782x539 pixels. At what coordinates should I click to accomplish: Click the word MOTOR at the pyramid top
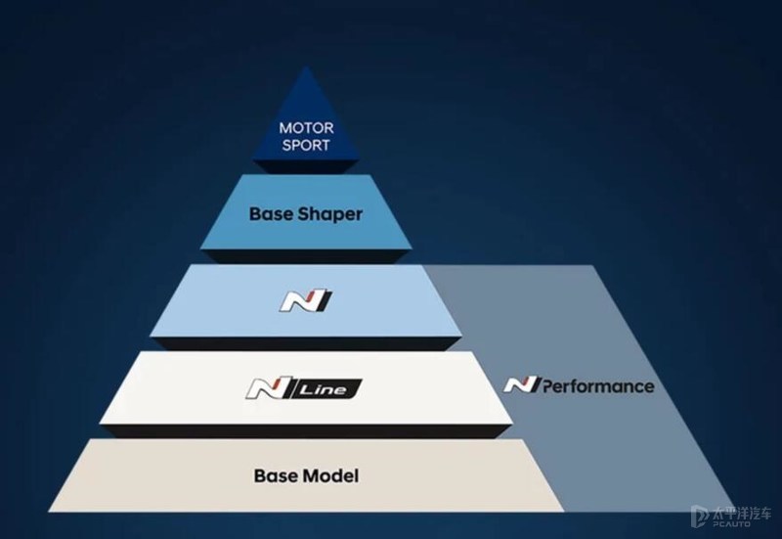[x=307, y=128]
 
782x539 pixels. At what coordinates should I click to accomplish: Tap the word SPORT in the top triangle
[x=307, y=145]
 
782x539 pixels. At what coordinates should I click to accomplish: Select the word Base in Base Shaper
[x=270, y=213]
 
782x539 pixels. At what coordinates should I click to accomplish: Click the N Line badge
[x=302, y=390]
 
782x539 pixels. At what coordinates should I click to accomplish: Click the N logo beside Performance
[x=518, y=384]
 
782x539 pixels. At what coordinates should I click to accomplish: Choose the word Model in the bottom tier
[x=329, y=476]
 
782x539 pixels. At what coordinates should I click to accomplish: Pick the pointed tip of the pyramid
[x=307, y=69]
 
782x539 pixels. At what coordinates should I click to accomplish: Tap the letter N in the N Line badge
[x=262, y=390]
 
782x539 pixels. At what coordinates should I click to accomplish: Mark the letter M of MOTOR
[x=285, y=128]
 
